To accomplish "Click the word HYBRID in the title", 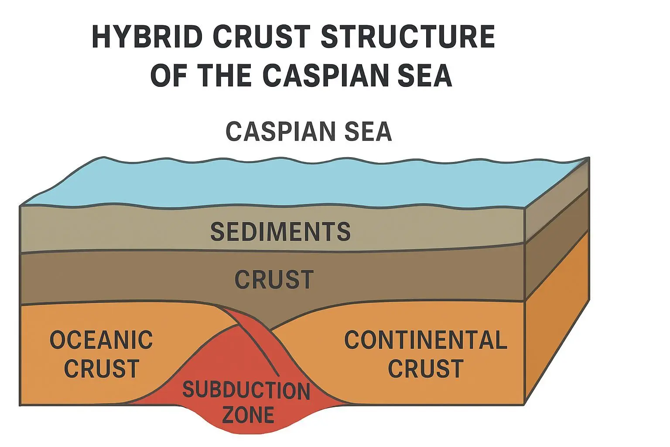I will pos(147,37).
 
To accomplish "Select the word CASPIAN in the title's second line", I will pos(328,75).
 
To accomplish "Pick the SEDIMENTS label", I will pos(280,232).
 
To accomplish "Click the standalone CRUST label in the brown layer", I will pos(274,280).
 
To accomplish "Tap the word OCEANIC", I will pos(101,340).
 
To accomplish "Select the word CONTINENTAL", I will pos(425,340).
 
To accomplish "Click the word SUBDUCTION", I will pos(246,390).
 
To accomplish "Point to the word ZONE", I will pos(248,415).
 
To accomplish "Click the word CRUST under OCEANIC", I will pos(101,369).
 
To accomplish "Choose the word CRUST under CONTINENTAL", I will pos(425,369).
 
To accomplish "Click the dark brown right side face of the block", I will pos(556,244).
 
